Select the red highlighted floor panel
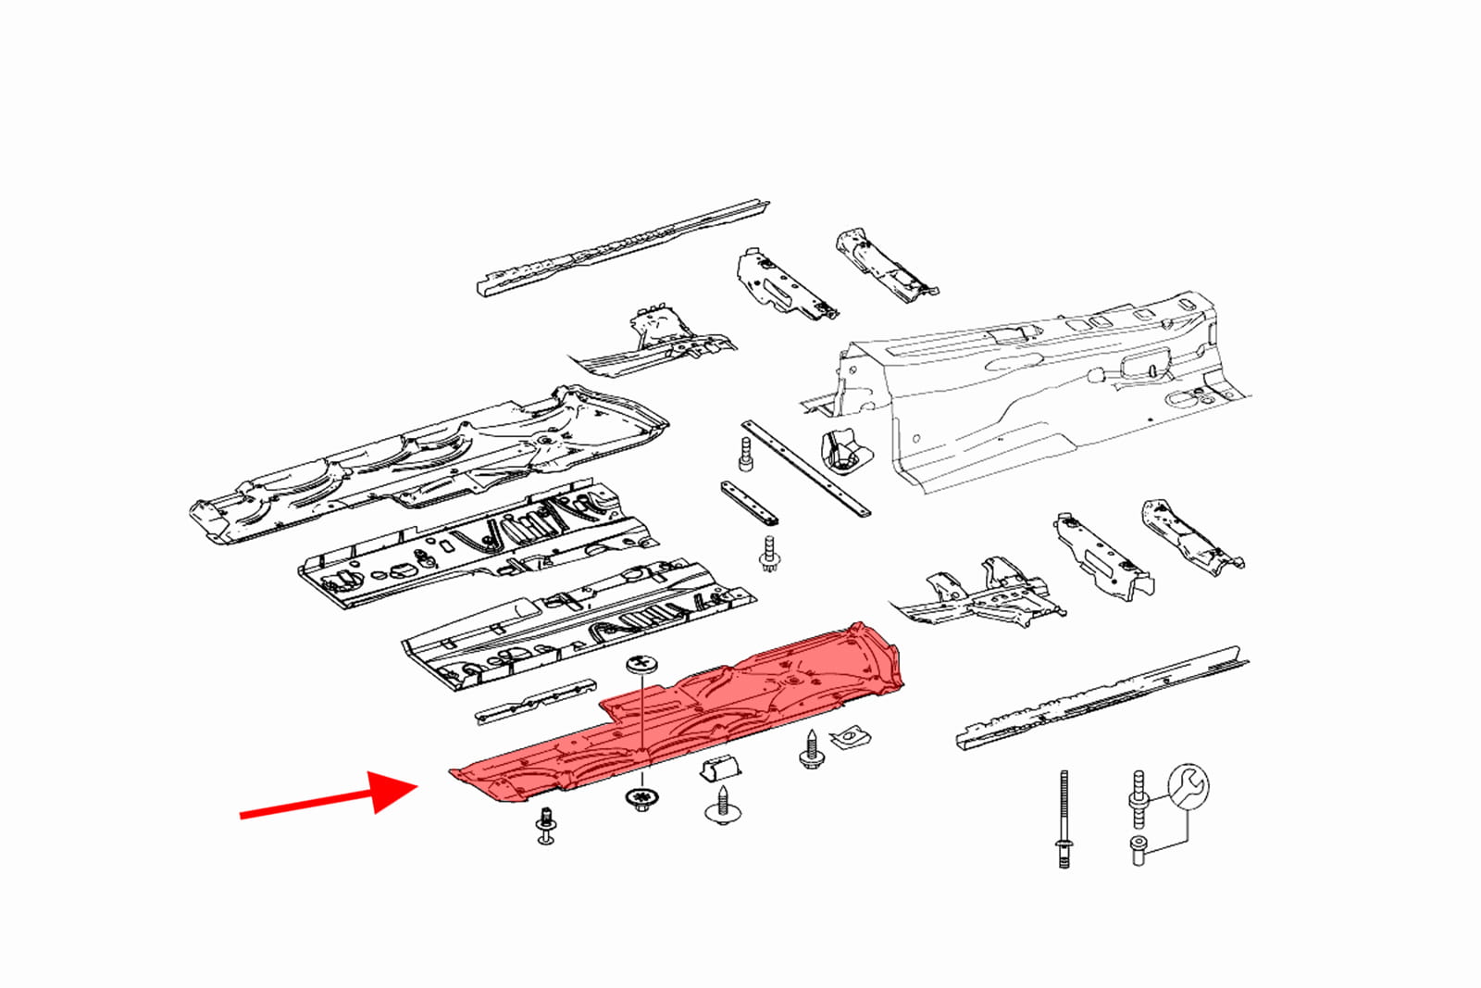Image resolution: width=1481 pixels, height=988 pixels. click(x=685, y=722)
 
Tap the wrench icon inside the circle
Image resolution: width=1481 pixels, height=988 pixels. click(x=1188, y=786)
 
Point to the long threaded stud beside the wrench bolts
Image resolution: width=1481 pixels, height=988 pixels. click(x=1064, y=819)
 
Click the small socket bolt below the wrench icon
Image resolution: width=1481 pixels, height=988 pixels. click(x=1139, y=850)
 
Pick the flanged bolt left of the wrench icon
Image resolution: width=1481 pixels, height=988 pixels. click(x=1139, y=798)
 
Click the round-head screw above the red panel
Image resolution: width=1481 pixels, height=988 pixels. click(x=641, y=665)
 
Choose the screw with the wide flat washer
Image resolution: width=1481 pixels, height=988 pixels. click(x=722, y=807)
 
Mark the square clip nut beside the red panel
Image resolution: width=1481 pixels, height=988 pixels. click(x=850, y=737)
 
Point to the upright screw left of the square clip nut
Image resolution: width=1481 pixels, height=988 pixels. click(x=812, y=751)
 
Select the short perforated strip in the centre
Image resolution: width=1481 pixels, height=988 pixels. click(x=749, y=503)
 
